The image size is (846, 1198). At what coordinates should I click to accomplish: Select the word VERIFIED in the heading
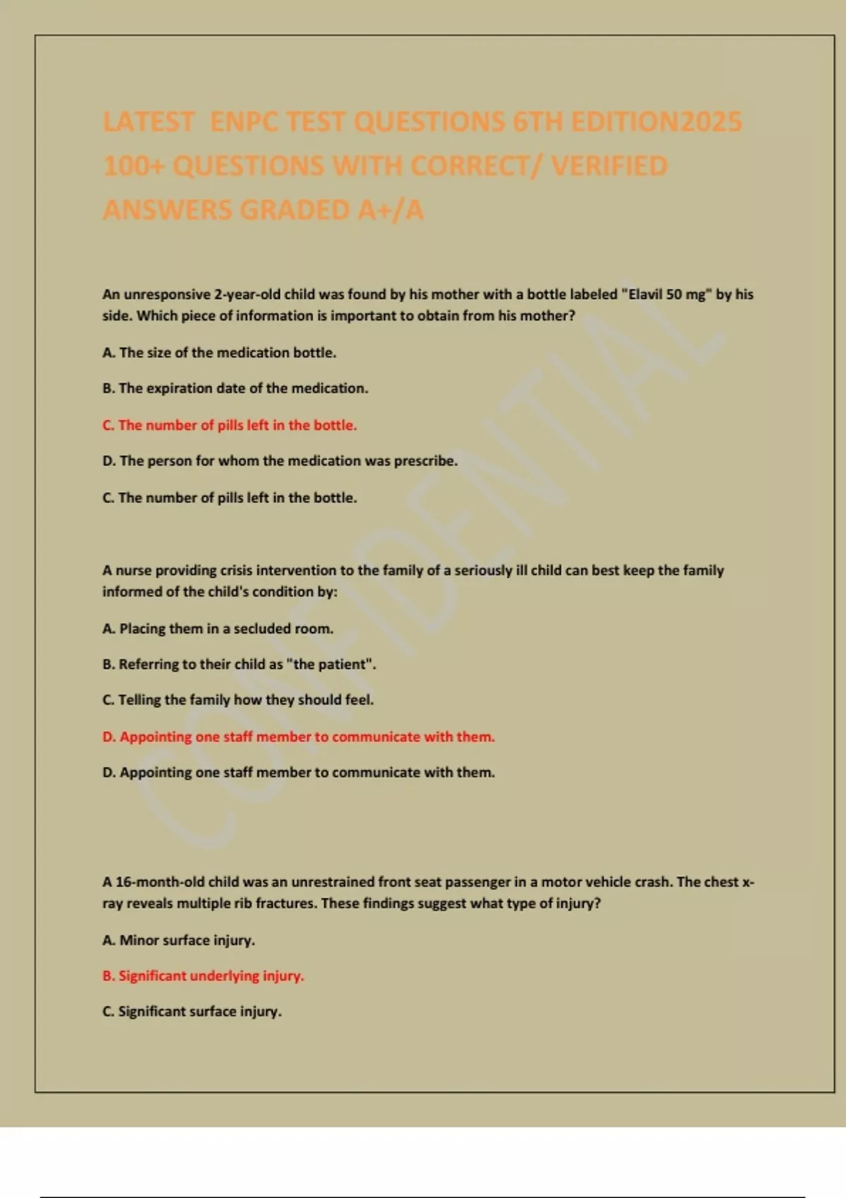(x=609, y=166)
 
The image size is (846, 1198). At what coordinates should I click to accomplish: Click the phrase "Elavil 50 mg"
(x=666, y=295)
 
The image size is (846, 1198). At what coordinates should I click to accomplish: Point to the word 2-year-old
(x=247, y=295)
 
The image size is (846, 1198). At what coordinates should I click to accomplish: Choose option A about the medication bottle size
(x=219, y=352)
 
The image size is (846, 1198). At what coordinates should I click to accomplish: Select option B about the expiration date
(x=235, y=388)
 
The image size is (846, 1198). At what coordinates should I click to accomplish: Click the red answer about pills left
(x=230, y=425)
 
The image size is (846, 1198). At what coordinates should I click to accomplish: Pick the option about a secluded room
(x=218, y=629)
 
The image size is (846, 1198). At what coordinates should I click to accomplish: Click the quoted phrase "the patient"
(x=331, y=664)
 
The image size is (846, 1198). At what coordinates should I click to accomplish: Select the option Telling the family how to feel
(x=238, y=700)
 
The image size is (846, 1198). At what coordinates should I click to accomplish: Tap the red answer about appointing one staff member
(x=299, y=736)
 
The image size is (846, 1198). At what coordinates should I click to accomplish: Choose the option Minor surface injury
(x=179, y=940)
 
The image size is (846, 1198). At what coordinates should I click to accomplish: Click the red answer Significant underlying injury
(x=203, y=976)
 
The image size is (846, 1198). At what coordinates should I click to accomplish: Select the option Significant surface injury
(x=192, y=1011)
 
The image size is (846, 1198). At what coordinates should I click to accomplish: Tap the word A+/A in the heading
(x=391, y=210)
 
